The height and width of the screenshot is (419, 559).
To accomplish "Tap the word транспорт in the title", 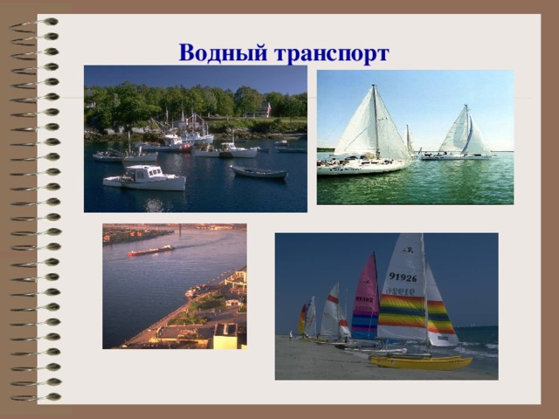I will click(331, 55).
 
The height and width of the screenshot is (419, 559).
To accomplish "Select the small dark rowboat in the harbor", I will click(259, 172).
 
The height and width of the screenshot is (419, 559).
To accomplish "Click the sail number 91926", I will click(403, 278).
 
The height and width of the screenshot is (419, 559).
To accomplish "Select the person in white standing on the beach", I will click(291, 333).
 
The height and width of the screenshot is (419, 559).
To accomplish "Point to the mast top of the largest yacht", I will click(374, 86).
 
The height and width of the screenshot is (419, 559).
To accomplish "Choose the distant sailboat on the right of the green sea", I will click(464, 135).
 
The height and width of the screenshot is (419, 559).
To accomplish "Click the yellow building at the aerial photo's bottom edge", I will click(226, 338).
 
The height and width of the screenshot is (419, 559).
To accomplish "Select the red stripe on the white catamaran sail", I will click(332, 299).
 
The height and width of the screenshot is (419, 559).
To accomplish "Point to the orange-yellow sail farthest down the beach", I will click(302, 319).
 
